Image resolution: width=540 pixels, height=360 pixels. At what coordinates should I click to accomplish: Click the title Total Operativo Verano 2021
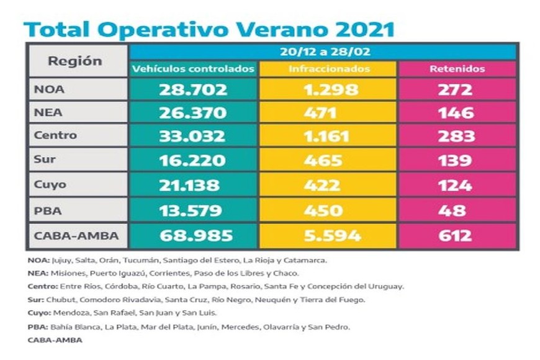pyautogui.click(x=209, y=30)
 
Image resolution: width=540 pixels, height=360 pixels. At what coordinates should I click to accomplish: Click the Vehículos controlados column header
pyautogui.click(x=193, y=69)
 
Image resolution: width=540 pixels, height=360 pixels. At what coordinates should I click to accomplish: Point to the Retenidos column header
pyautogui.click(x=457, y=69)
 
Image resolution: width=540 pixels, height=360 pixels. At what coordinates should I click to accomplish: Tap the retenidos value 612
pyautogui.click(x=457, y=236)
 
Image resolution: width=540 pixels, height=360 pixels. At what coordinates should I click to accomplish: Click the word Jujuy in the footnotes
pyautogui.click(x=60, y=260)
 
